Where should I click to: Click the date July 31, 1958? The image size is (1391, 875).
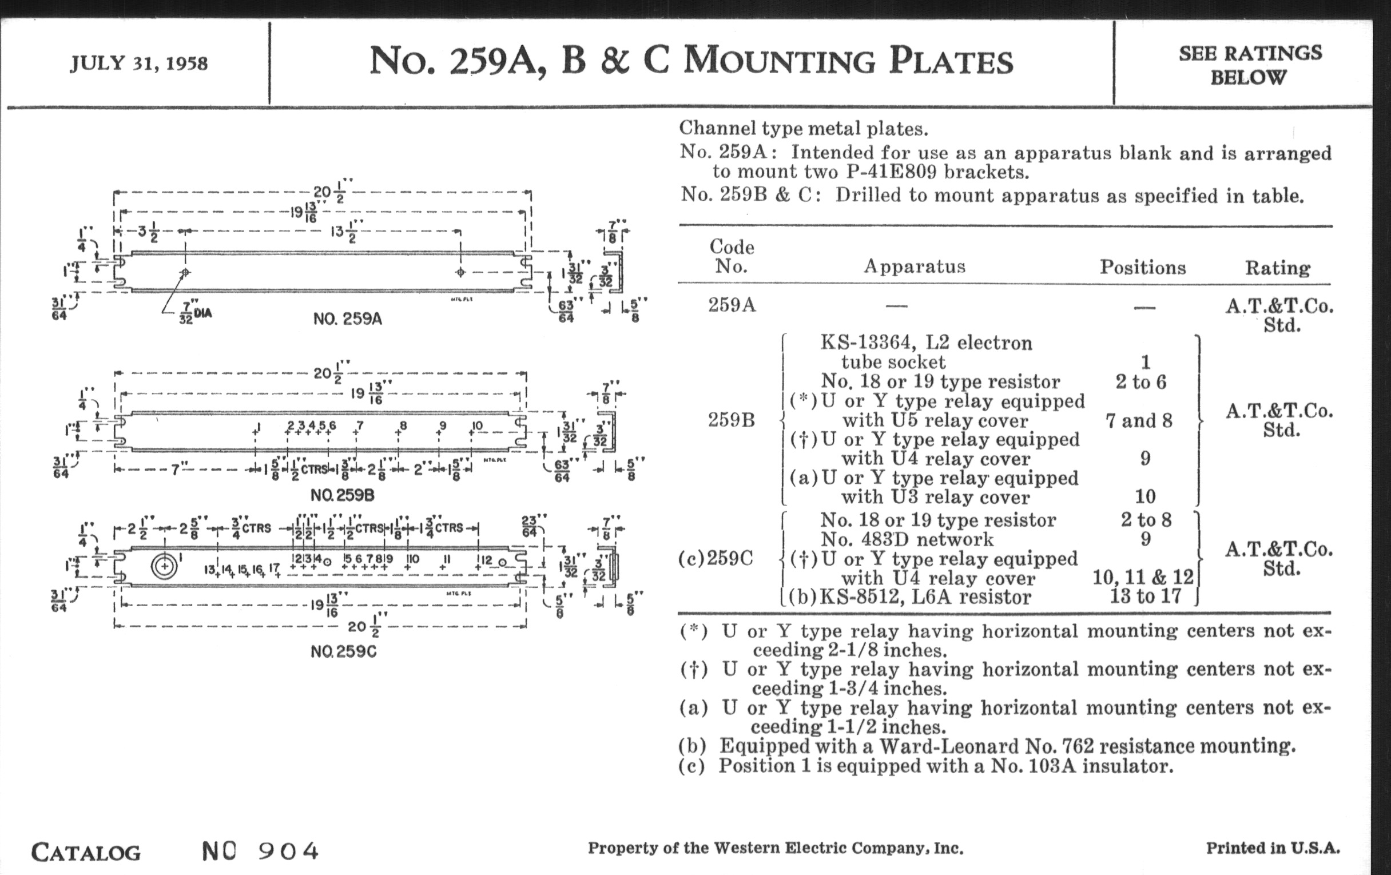tap(138, 63)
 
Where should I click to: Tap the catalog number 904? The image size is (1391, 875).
tap(288, 851)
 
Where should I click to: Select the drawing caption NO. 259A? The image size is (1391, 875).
tap(347, 319)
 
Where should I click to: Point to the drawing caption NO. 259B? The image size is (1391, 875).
tap(342, 495)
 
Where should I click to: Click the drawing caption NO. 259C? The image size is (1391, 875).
tap(343, 651)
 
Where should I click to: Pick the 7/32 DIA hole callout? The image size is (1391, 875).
tap(194, 314)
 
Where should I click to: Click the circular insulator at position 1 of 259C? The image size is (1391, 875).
tap(165, 566)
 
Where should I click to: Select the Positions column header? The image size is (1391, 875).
tap(1142, 267)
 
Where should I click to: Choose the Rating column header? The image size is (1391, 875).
tap(1277, 268)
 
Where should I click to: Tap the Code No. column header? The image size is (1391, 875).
tap(732, 256)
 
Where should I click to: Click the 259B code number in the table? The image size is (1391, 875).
tap(732, 420)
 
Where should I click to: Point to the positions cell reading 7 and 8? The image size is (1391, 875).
tap(1139, 420)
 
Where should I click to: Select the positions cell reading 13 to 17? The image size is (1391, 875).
tap(1145, 596)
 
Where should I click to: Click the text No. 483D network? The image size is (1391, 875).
tap(907, 539)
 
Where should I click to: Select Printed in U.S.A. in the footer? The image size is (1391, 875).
tap(1273, 848)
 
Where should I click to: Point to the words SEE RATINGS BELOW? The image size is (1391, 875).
tap(1250, 65)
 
